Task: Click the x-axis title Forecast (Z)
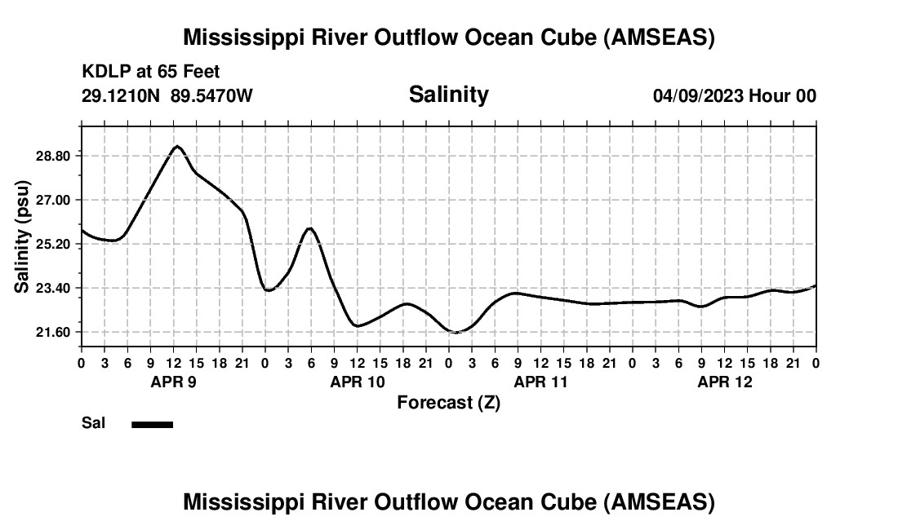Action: point(448,402)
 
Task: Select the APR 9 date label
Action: point(173,382)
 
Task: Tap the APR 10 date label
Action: point(358,382)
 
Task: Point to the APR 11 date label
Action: point(541,382)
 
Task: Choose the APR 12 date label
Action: point(725,382)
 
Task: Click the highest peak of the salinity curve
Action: point(176,147)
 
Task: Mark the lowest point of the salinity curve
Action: point(456,332)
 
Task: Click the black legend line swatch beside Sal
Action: point(152,424)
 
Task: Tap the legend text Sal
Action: point(93,423)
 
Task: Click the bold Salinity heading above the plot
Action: point(448,95)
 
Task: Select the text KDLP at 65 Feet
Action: point(150,73)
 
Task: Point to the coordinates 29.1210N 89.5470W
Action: point(167,96)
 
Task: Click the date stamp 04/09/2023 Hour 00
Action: point(734,96)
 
